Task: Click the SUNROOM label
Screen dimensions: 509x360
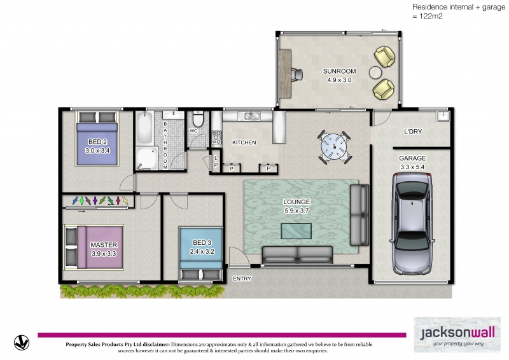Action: point(339,71)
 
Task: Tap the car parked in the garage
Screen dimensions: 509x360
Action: point(412,224)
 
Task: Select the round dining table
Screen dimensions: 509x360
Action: point(335,147)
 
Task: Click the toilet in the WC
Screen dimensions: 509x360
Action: point(198,119)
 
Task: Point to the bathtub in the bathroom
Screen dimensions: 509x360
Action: point(144,128)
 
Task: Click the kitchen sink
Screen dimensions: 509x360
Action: point(249,116)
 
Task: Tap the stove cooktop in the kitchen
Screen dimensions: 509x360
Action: point(216,137)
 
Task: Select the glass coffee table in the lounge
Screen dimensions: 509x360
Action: point(296,231)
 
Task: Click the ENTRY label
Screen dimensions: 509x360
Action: point(242,279)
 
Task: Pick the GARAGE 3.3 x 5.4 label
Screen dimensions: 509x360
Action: point(412,163)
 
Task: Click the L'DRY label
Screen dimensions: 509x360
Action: point(412,132)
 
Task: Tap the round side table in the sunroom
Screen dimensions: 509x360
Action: point(375,73)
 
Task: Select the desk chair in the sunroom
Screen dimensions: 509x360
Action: point(297,74)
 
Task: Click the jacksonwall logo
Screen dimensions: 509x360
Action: point(457,335)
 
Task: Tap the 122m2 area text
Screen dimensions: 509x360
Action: point(431,17)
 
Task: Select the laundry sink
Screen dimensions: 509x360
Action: point(443,116)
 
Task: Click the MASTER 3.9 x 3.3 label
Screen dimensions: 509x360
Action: point(104,249)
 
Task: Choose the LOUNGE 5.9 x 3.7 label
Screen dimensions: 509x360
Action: point(296,206)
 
